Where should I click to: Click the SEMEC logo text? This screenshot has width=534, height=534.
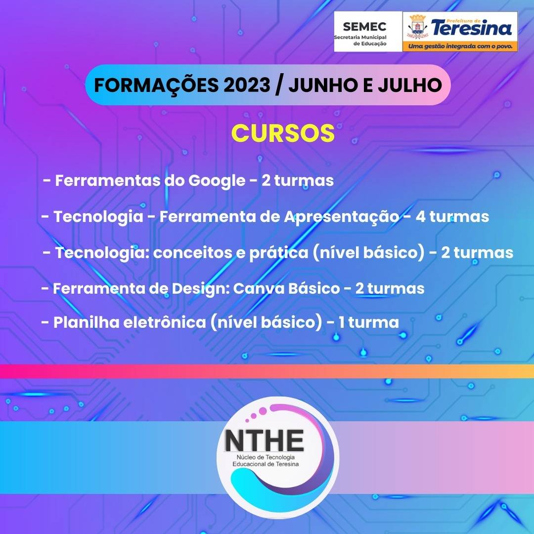click(364, 27)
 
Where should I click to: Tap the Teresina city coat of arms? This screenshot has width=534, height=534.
click(417, 26)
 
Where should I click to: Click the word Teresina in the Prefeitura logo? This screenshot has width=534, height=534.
click(472, 28)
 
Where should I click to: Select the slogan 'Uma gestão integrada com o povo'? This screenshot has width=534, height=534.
click(460, 46)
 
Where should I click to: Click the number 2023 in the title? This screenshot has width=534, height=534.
click(247, 85)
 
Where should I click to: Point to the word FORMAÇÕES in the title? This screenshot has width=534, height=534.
click(156, 85)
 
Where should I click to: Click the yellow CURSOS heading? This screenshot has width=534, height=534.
click(283, 133)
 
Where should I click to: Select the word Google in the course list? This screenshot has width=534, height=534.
click(217, 181)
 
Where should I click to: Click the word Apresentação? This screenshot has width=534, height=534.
click(342, 217)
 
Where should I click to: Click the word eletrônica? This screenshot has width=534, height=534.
click(165, 322)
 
